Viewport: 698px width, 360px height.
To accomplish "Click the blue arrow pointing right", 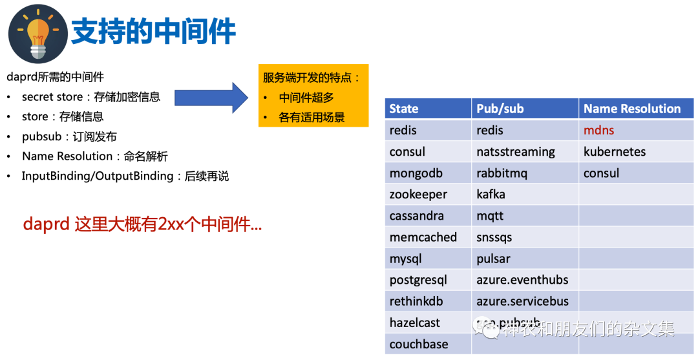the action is pyautogui.click(x=211, y=98).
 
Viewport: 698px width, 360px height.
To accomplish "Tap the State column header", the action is pyautogui.click(x=404, y=109).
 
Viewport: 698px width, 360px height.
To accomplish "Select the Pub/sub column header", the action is pyautogui.click(x=500, y=109).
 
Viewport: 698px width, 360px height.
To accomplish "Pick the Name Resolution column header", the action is pyautogui.click(x=632, y=109).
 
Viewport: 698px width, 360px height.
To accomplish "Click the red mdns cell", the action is pyautogui.click(x=598, y=131).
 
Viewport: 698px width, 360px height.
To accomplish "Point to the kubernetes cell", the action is pyautogui.click(x=614, y=152).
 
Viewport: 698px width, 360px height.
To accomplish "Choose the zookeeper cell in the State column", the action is pyautogui.click(x=418, y=195).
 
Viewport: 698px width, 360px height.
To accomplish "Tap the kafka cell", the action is pyautogui.click(x=491, y=195).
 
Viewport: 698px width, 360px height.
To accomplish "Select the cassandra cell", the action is pyautogui.click(x=416, y=216).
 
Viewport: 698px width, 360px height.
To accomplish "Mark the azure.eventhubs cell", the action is pyautogui.click(x=522, y=280).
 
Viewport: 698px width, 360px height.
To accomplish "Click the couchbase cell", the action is pyautogui.click(x=418, y=344).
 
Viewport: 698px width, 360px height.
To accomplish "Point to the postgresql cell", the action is pyautogui.click(x=418, y=280).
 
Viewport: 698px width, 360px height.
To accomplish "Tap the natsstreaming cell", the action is pyautogui.click(x=515, y=152).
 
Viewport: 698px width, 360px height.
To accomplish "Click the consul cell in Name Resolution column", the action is pyautogui.click(x=601, y=173).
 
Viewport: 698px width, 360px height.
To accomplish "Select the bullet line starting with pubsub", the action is pyautogui.click(x=69, y=136).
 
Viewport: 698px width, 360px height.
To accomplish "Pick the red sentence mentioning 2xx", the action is pyautogui.click(x=142, y=224).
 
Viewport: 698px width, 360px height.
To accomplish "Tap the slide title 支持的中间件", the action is pyautogui.click(x=153, y=31).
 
